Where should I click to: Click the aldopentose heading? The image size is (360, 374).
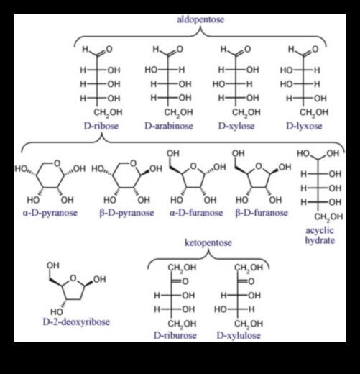[200, 19]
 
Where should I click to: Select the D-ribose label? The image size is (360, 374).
[101, 126]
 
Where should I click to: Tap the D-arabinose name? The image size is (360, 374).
[169, 126]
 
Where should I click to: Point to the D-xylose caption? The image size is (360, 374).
[236, 126]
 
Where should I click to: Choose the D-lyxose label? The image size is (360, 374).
[304, 126]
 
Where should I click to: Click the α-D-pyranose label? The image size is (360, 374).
[50, 213]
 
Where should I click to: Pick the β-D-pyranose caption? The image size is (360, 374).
[126, 213]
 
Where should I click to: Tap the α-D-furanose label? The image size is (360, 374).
[196, 213]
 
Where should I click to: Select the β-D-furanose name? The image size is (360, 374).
[262, 213]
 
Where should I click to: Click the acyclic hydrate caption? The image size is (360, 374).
[320, 235]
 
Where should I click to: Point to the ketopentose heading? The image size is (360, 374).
[208, 242]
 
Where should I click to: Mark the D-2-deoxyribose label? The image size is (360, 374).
[76, 321]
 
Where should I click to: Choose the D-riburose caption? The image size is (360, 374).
[175, 335]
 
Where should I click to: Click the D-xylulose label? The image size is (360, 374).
[239, 335]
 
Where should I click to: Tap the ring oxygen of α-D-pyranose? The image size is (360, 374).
[57, 163]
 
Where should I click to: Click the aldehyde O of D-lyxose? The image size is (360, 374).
[315, 49]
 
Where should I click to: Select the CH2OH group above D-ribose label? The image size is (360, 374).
[108, 112]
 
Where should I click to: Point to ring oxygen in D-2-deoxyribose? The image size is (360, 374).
[73, 278]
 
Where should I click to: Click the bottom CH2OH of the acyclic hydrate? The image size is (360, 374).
[328, 217]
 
